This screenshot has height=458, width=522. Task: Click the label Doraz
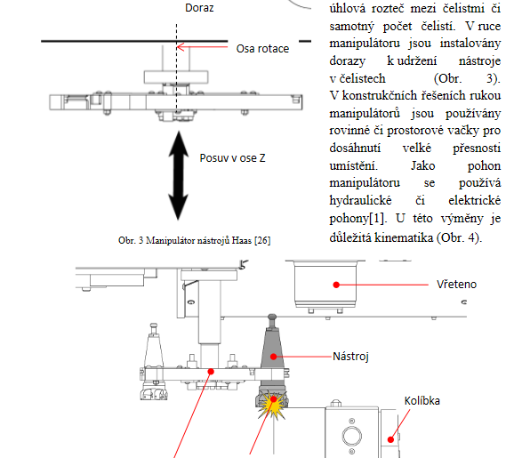click(x=199, y=8)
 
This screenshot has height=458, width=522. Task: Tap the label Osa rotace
click(x=262, y=49)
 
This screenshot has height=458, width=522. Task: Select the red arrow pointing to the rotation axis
click(x=202, y=47)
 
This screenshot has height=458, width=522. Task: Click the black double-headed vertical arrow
click(x=179, y=175)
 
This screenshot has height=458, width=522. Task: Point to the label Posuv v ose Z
click(x=232, y=158)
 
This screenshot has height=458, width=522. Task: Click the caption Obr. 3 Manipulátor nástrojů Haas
click(x=195, y=240)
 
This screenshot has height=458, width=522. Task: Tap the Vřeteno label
click(x=456, y=285)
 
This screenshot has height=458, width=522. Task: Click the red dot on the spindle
click(x=336, y=285)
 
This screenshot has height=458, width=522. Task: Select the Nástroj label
click(x=350, y=357)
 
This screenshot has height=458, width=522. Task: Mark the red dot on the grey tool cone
click(x=273, y=357)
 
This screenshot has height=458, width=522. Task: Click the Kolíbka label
click(x=422, y=401)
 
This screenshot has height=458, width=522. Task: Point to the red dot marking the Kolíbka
click(x=391, y=439)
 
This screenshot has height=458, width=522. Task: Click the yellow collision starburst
click(x=272, y=405)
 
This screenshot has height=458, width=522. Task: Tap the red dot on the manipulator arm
click(x=211, y=371)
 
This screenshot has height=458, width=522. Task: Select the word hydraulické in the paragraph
click(x=360, y=200)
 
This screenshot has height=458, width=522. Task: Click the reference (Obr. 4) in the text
click(x=460, y=237)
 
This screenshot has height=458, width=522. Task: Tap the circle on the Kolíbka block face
click(x=352, y=436)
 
